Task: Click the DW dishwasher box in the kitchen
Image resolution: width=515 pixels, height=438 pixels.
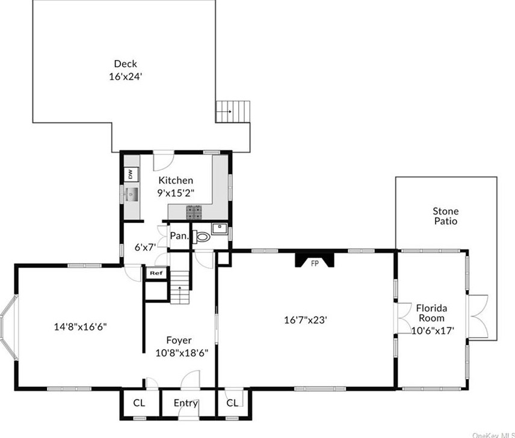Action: pos(130,174)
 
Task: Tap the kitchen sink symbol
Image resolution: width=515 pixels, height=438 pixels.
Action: pos(131,195)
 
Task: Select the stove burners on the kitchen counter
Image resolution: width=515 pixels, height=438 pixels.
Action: pos(194,211)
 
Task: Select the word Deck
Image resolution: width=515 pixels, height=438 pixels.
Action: pos(125,64)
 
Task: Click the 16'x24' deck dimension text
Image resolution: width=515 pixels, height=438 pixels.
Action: pos(125,76)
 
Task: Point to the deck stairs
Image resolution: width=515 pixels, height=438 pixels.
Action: pos(233,111)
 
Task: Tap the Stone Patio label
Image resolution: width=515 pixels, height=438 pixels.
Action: pos(445,216)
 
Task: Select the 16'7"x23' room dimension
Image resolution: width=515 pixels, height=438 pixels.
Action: pos(306,320)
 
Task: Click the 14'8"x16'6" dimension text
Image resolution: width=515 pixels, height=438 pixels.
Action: pos(81,327)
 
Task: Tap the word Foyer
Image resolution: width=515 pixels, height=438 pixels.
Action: pos(179,340)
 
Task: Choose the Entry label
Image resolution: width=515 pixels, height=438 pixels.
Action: pos(186,403)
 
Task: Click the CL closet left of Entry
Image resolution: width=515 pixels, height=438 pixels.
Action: pos(139,403)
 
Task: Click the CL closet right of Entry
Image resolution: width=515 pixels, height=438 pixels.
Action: pos(232,403)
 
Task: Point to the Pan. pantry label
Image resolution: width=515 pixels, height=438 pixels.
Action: pos(179,237)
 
